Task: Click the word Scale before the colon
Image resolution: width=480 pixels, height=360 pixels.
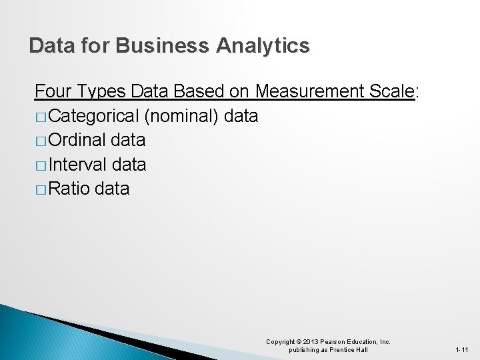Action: tap(391, 91)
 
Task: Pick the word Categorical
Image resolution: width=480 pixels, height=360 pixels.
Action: tap(93, 116)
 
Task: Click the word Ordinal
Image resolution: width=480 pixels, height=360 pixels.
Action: tap(77, 140)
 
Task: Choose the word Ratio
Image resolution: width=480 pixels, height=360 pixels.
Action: tap(69, 189)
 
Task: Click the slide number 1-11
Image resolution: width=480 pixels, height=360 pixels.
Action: tap(462, 349)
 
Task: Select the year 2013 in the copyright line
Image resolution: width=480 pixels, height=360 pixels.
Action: tap(311, 342)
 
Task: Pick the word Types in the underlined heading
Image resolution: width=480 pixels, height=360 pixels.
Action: tap(105, 91)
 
